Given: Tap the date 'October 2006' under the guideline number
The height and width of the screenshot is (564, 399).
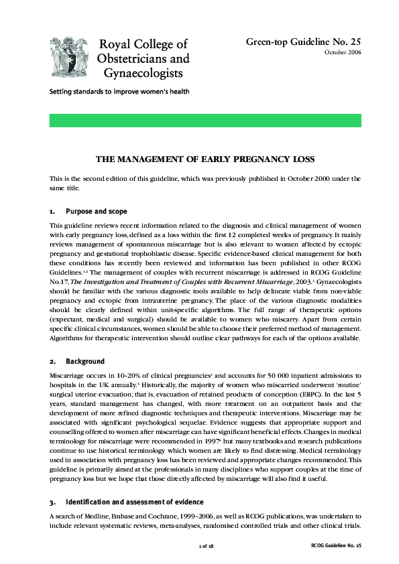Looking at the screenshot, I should point(343,52).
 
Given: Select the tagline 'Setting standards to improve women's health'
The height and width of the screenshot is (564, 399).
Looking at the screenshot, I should point(119,91).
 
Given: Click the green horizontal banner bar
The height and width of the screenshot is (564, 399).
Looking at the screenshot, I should point(205,121).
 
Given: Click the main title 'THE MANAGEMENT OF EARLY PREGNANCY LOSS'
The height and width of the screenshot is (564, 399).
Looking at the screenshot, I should point(205,159).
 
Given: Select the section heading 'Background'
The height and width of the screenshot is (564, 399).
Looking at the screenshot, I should point(85,362).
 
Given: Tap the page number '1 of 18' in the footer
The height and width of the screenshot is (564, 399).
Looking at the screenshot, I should point(206,547).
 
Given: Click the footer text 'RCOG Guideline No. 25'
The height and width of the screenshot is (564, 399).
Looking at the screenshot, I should point(336,547).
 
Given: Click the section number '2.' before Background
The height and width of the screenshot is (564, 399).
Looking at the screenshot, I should point(53,362).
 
